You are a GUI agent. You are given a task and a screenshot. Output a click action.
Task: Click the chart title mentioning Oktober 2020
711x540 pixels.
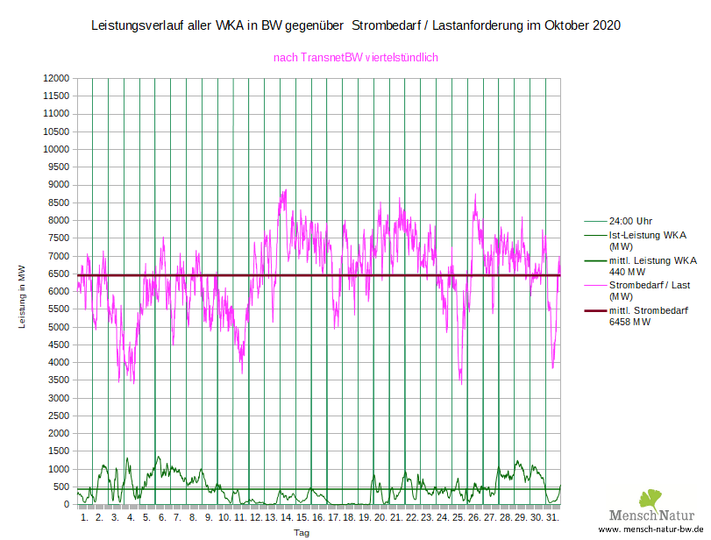(x=356, y=25)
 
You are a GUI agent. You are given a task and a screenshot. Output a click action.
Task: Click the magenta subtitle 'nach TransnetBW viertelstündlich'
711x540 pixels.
(x=356, y=57)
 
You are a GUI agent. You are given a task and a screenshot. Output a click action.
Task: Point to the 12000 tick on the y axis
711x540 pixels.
(x=56, y=78)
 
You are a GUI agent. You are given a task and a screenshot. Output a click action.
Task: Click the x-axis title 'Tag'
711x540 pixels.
(x=301, y=532)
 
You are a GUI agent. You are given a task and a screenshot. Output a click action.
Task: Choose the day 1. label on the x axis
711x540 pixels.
(x=84, y=518)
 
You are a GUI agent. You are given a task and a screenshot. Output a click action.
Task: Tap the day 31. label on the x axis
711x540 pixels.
(x=552, y=518)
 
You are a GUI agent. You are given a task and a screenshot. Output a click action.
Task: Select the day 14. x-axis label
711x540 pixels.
(x=287, y=518)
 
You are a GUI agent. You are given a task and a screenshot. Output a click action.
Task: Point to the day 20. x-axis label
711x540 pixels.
(x=380, y=518)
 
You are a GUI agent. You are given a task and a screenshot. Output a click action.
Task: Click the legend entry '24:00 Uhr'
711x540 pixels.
(x=629, y=221)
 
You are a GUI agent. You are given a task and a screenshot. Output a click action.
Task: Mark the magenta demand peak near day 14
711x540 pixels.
(x=284, y=190)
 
